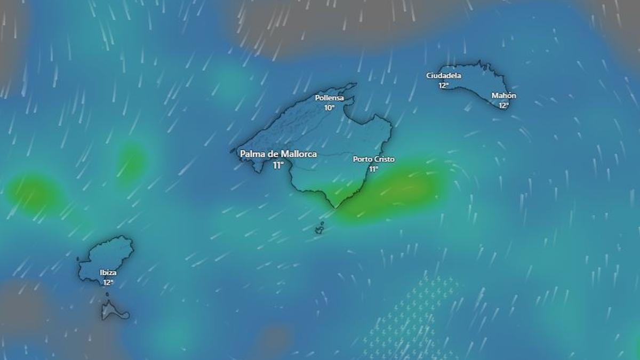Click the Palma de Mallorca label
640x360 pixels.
pos(278,154)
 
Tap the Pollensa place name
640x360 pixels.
pos(330,98)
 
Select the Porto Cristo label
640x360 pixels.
pos(373,159)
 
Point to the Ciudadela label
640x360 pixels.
pos(444,76)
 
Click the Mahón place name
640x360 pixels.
pos(503,95)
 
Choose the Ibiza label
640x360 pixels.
pos(108,273)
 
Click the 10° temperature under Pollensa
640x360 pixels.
pos(330,107)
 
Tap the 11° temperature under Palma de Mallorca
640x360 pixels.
pos(278,165)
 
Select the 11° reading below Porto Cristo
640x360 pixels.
pos(373,169)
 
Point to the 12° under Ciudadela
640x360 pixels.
pos(444,85)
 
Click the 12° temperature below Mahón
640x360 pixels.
pos(503,105)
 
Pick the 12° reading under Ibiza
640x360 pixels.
pos(108,282)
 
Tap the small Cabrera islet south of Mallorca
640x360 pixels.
pos(319,230)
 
